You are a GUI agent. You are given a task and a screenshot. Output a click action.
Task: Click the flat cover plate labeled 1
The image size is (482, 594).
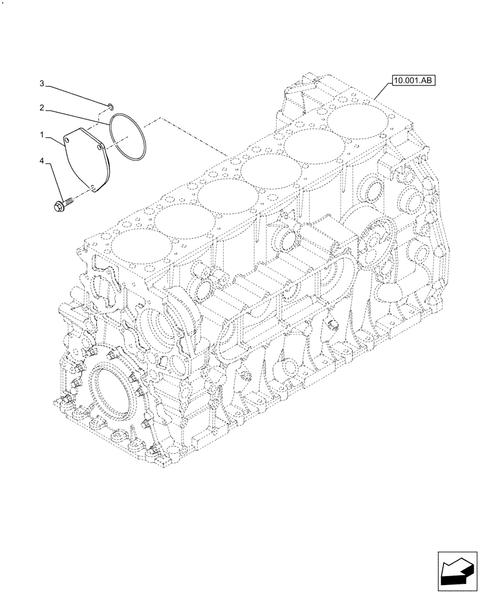click(86, 160)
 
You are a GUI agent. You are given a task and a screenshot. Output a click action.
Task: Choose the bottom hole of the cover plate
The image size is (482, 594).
click(93, 190)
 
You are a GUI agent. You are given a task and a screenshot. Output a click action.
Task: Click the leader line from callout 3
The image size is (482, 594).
click(77, 96)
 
